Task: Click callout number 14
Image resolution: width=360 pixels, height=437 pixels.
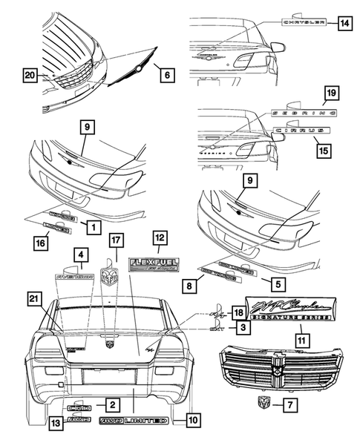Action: [x=343, y=23]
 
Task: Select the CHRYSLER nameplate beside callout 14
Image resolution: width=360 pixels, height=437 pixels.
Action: [x=304, y=23]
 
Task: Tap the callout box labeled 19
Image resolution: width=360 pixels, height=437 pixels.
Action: [x=332, y=93]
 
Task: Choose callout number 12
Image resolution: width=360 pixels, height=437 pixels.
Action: [x=159, y=238]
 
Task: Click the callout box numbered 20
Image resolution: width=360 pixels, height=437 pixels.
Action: [x=30, y=75]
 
